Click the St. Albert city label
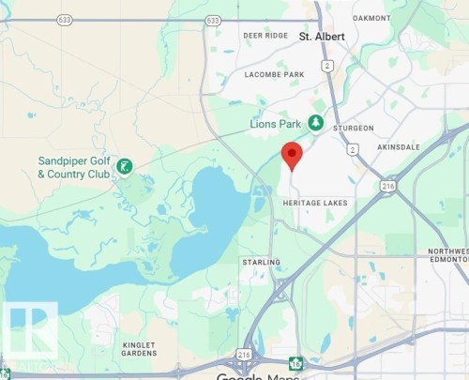(x=322, y=37)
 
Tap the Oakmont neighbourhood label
(x=372, y=17)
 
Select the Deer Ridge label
(x=265, y=36)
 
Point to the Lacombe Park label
(x=275, y=74)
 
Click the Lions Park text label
(x=276, y=124)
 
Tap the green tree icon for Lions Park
(x=316, y=123)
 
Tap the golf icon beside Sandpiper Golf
(x=125, y=167)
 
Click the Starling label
(x=260, y=262)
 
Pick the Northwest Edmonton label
(x=447, y=257)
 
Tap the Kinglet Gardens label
(x=145, y=351)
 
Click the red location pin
(x=292, y=154)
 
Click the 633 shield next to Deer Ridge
(x=213, y=19)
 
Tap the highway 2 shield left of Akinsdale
(x=352, y=149)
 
